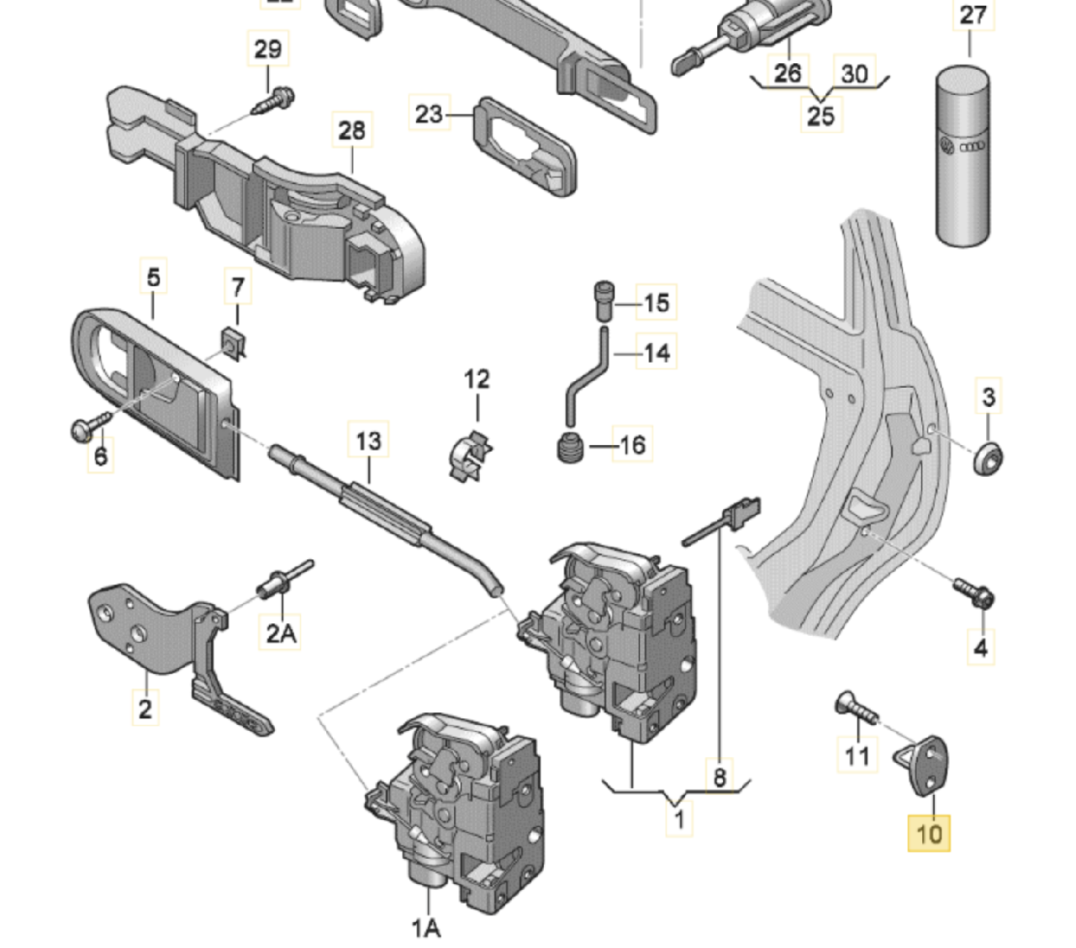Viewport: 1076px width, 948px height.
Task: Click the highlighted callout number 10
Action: tap(929, 834)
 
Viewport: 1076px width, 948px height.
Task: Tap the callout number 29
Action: tap(267, 50)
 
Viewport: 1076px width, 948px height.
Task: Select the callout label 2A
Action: tap(281, 632)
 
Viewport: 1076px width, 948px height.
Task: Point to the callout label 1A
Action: tap(426, 928)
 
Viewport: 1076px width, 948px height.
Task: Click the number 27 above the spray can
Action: tap(972, 15)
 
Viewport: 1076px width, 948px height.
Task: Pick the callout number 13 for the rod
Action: tap(368, 441)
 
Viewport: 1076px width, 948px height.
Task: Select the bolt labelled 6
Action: tap(88, 428)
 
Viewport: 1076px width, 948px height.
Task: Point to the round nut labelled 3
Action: tap(989, 458)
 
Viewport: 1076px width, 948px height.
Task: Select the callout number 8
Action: tap(720, 776)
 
